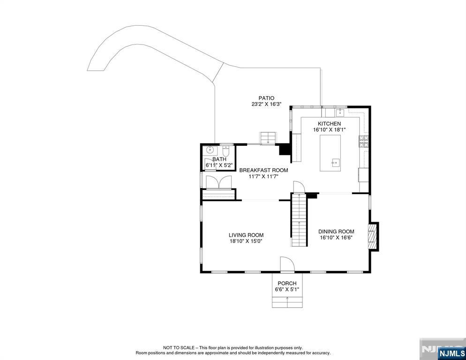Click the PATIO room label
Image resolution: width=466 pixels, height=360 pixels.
[266, 98]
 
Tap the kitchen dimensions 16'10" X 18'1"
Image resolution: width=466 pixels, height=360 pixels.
[329, 130]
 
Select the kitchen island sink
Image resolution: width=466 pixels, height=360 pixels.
[336, 162]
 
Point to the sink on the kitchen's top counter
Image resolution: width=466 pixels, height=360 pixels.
[340, 112]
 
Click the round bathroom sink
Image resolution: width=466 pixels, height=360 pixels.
[210, 150]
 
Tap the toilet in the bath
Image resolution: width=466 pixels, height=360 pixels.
[226, 151]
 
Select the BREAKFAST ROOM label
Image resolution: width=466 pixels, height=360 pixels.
[263, 170]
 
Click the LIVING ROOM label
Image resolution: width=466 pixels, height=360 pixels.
[246, 235]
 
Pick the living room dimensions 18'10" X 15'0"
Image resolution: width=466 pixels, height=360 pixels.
[246, 241]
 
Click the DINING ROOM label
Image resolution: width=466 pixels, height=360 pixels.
[336, 232]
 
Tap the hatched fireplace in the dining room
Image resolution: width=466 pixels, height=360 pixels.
[372, 237]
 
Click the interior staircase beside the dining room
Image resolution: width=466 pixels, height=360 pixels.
[299, 220]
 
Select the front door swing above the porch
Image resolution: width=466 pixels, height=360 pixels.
[287, 264]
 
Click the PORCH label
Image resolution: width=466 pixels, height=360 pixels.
[287, 283]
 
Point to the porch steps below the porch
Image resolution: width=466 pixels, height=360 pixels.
[287, 302]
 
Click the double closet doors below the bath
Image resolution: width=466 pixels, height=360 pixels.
[218, 182]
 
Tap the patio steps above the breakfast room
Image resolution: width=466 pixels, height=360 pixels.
[269, 138]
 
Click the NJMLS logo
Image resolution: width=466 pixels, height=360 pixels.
[452, 353]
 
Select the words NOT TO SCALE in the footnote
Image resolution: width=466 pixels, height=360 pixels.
[179, 347]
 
